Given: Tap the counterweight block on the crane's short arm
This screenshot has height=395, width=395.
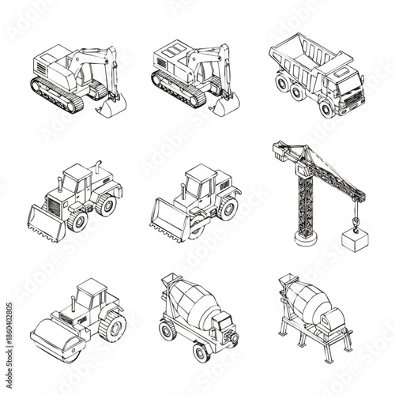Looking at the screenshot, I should [277, 148].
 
